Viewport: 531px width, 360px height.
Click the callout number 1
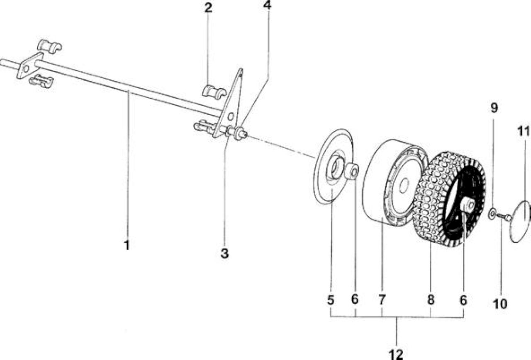point(127,245)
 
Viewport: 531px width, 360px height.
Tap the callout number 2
point(208,7)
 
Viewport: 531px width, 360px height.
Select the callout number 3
point(224,253)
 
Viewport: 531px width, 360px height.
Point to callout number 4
point(267,5)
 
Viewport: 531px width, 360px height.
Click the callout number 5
point(331,300)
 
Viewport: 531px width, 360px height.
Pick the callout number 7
point(382,300)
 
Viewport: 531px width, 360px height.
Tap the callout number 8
point(431,300)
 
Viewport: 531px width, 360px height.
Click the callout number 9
point(494,108)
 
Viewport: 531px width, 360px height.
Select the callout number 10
point(500,304)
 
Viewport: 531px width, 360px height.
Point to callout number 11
point(523,131)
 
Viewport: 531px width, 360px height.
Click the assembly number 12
point(396,354)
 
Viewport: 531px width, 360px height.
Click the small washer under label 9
point(492,214)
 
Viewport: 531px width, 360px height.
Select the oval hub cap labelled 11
point(520,221)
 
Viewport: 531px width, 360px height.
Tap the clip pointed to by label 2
point(214,92)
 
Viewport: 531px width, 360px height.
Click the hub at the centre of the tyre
point(468,205)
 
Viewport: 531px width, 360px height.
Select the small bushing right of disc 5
point(351,171)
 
